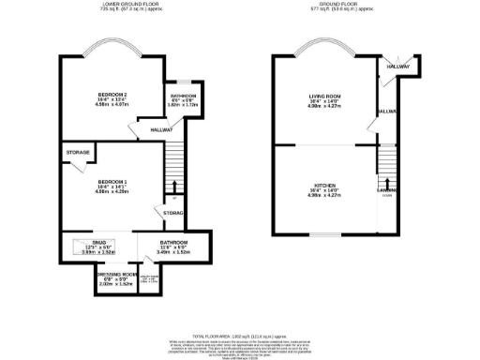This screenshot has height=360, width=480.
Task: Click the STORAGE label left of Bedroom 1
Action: point(77,152)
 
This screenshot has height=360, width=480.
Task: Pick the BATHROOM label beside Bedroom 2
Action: point(183,97)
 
